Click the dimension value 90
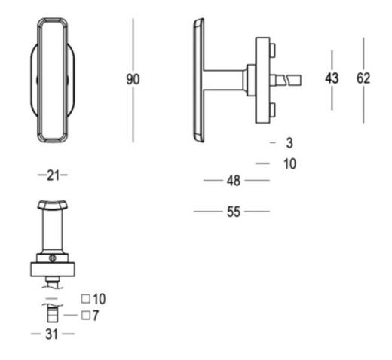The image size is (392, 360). pyautogui.click(x=133, y=79)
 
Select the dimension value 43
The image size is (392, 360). pyautogui.click(x=332, y=78)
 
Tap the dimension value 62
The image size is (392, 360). pyautogui.click(x=363, y=78)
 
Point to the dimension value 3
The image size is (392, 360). pyautogui.click(x=289, y=143)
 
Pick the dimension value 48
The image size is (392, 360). pyautogui.click(x=234, y=181)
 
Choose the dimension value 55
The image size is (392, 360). pyautogui.click(x=234, y=212)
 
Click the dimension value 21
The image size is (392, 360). pyautogui.click(x=53, y=175)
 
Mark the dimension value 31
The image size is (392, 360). pyautogui.click(x=52, y=334)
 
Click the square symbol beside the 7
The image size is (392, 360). pyautogui.click(x=86, y=316)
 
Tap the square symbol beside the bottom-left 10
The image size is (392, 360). pyautogui.click(x=86, y=298)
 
